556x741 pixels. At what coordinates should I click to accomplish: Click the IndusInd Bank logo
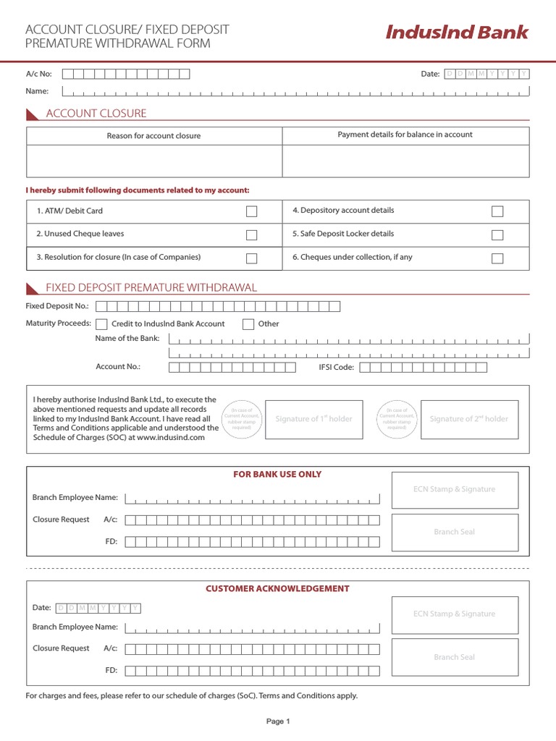(457, 33)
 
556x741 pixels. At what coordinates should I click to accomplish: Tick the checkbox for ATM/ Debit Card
(251, 211)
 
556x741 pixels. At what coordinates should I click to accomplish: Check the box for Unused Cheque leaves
(251, 234)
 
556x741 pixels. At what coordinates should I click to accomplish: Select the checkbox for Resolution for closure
(251, 258)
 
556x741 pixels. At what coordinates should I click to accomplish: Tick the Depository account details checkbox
(497, 211)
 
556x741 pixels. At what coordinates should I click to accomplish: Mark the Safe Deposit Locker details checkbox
(497, 234)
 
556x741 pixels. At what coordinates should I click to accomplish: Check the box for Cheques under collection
(497, 258)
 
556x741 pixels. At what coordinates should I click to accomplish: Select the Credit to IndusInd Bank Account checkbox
(102, 324)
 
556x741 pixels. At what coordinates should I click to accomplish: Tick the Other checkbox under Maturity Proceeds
(248, 324)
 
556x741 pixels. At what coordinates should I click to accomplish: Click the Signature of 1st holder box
(313, 419)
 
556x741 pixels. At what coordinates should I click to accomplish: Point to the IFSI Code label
(337, 367)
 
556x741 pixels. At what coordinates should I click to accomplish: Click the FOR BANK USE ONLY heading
(277, 475)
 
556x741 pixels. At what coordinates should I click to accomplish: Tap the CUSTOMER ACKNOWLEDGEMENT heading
(277, 589)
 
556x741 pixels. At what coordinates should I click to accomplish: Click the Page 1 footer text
(278, 721)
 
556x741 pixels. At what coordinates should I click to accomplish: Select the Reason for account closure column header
(153, 136)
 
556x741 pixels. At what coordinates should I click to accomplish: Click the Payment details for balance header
(405, 135)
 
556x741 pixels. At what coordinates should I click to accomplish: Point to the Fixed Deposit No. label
(57, 306)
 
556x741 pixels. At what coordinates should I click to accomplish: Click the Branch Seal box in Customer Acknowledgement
(455, 657)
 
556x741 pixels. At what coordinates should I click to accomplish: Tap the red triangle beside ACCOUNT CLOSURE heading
(33, 114)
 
